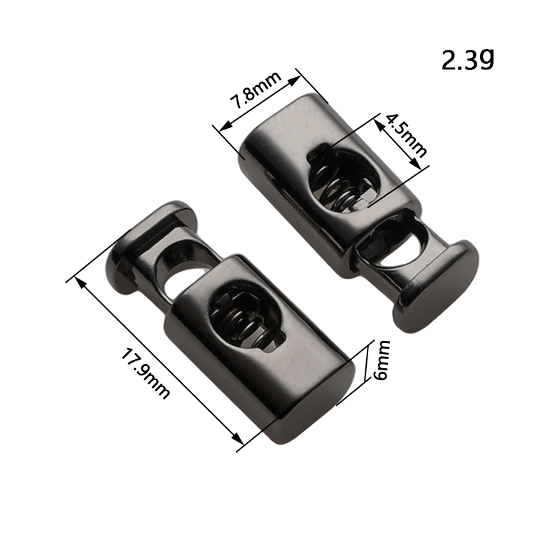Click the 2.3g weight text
pyautogui.click(x=468, y=60)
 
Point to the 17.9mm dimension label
pyautogui.click(x=146, y=374)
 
